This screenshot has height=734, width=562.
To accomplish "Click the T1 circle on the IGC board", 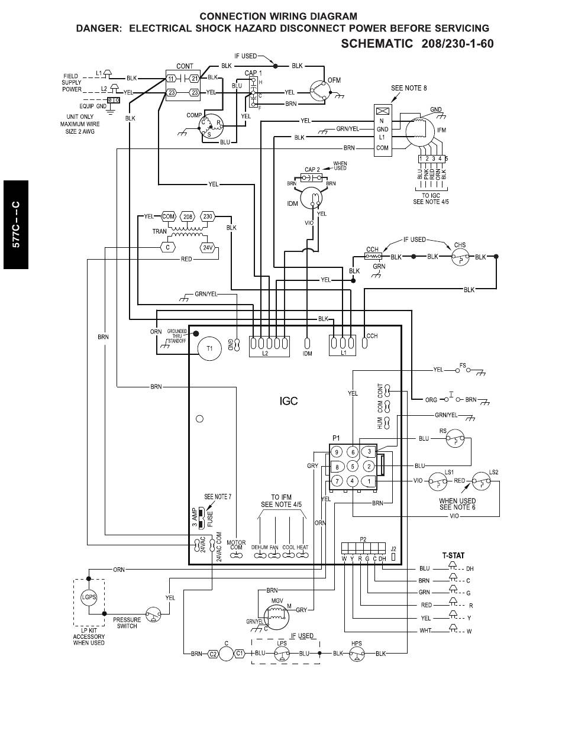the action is (x=209, y=348).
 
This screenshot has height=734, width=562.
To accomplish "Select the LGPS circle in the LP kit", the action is (x=89, y=597).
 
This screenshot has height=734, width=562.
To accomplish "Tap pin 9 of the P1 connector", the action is (x=337, y=452).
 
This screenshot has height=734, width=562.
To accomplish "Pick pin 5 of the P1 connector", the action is (x=352, y=467).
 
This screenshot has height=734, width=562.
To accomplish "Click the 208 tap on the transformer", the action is (x=188, y=216).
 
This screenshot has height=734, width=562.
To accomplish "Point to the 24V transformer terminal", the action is (x=208, y=248).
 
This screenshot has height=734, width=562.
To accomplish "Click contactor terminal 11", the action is (x=171, y=79).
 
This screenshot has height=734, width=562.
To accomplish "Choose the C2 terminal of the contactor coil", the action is (x=213, y=654).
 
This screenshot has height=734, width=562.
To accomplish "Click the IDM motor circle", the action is (x=311, y=198).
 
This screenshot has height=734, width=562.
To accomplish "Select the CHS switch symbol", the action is (x=460, y=257).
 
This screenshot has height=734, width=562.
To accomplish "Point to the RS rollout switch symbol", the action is (x=455, y=439).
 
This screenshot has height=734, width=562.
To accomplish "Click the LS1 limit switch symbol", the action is (x=438, y=481).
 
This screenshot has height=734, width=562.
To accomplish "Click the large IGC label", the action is (x=289, y=401).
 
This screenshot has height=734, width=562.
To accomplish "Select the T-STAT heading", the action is (x=453, y=555).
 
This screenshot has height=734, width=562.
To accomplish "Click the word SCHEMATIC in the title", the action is (x=377, y=44).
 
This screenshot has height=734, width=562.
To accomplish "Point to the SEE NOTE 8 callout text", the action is (x=409, y=88).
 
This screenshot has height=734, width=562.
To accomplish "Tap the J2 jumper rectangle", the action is (x=393, y=556).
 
